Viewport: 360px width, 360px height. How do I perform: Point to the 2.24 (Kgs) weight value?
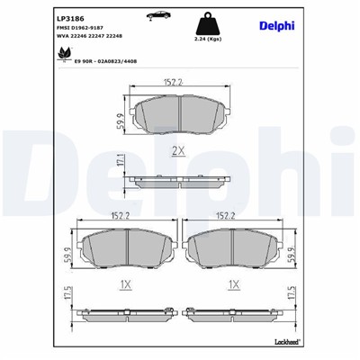coord(207,40)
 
